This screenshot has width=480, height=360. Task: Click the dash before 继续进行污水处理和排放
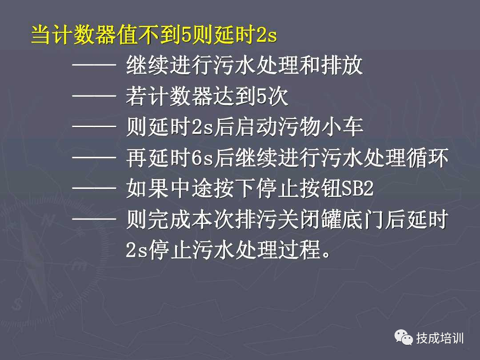tap(94, 67)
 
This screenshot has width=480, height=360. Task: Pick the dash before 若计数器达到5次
tap(94, 97)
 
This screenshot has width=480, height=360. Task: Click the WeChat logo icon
tap(403, 337)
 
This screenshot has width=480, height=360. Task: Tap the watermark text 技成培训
tap(440, 338)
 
